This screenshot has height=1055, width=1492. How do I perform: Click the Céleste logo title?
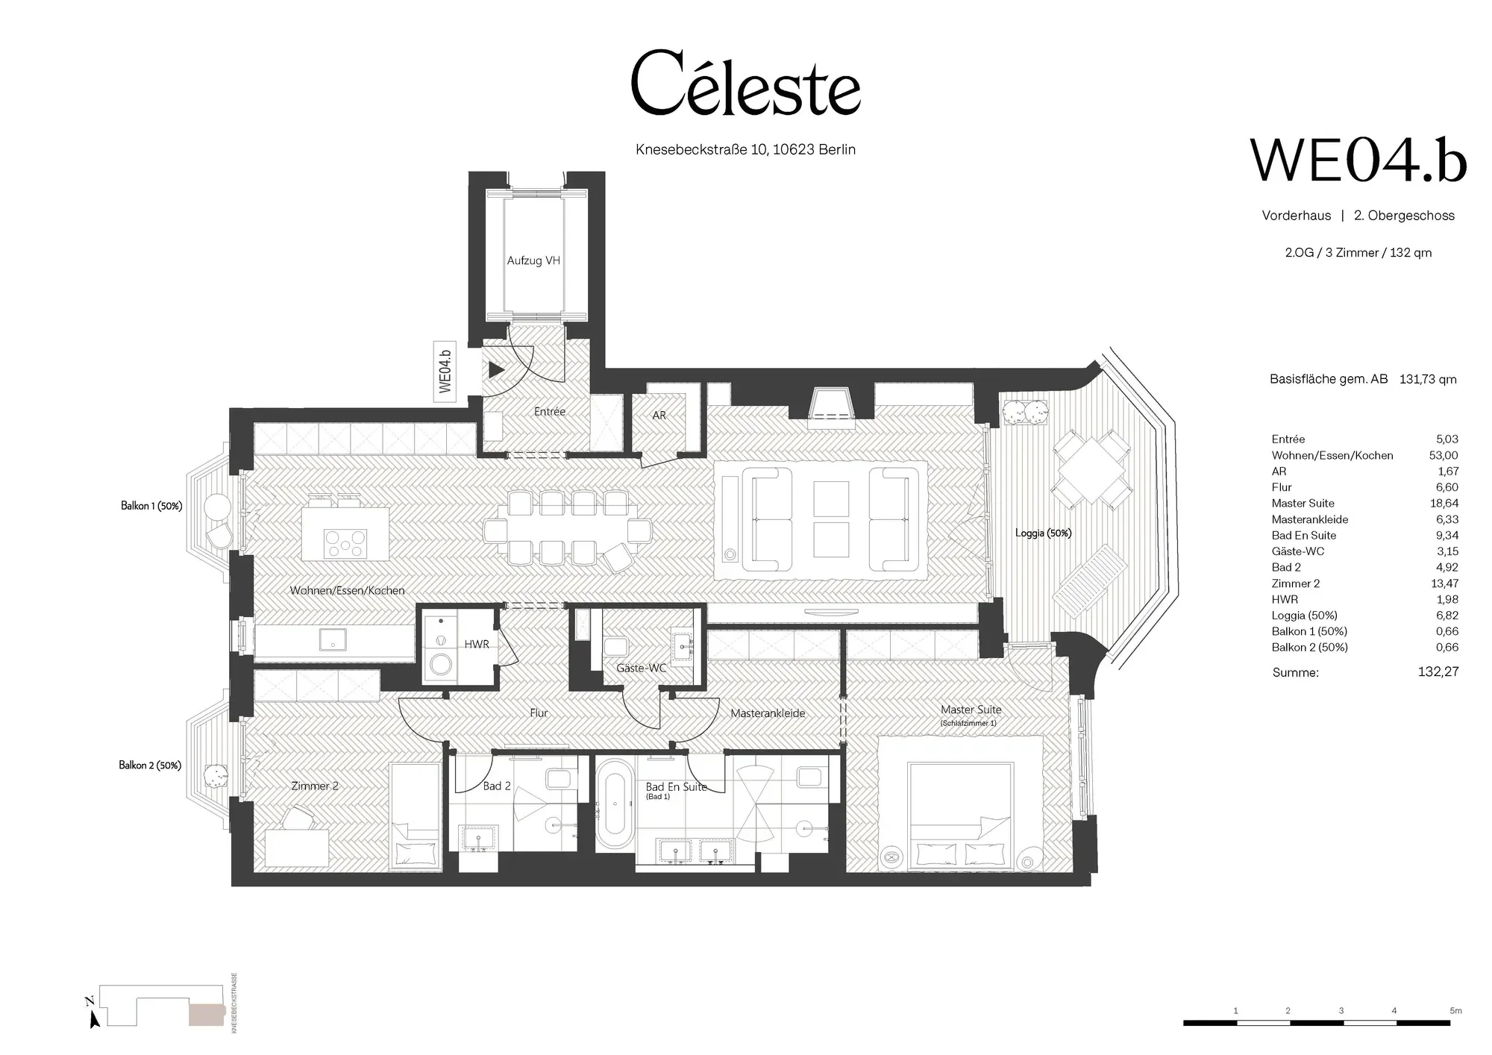click(745, 84)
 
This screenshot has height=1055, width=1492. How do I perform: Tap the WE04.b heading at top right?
click(1358, 160)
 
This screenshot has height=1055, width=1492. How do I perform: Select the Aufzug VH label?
click(533, 260)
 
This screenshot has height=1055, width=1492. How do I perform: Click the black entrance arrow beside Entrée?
click(497, 369)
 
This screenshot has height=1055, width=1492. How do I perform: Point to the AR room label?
click(659, 416)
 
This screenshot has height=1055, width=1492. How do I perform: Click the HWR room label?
click(477, 645)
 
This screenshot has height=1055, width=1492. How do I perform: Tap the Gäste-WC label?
click(642, 668)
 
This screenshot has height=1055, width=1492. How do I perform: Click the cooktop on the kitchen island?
click(345, 542)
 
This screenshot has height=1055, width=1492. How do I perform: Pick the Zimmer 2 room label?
click(315, 786)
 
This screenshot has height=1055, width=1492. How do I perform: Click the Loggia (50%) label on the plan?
click(1043, 533)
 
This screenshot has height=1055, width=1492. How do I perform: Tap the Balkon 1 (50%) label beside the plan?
click(151, 506)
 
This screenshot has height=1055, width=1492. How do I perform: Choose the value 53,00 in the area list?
click(1444, 455)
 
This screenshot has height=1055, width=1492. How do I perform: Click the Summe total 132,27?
click(1438, 671)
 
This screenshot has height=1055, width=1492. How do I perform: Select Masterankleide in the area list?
click(1310, 519)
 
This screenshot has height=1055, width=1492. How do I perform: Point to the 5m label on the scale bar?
click(1455, 1011)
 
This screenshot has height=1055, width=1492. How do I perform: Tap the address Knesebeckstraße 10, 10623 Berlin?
click(745, 149)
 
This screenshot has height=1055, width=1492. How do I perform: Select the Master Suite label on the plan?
click(971, 710)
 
